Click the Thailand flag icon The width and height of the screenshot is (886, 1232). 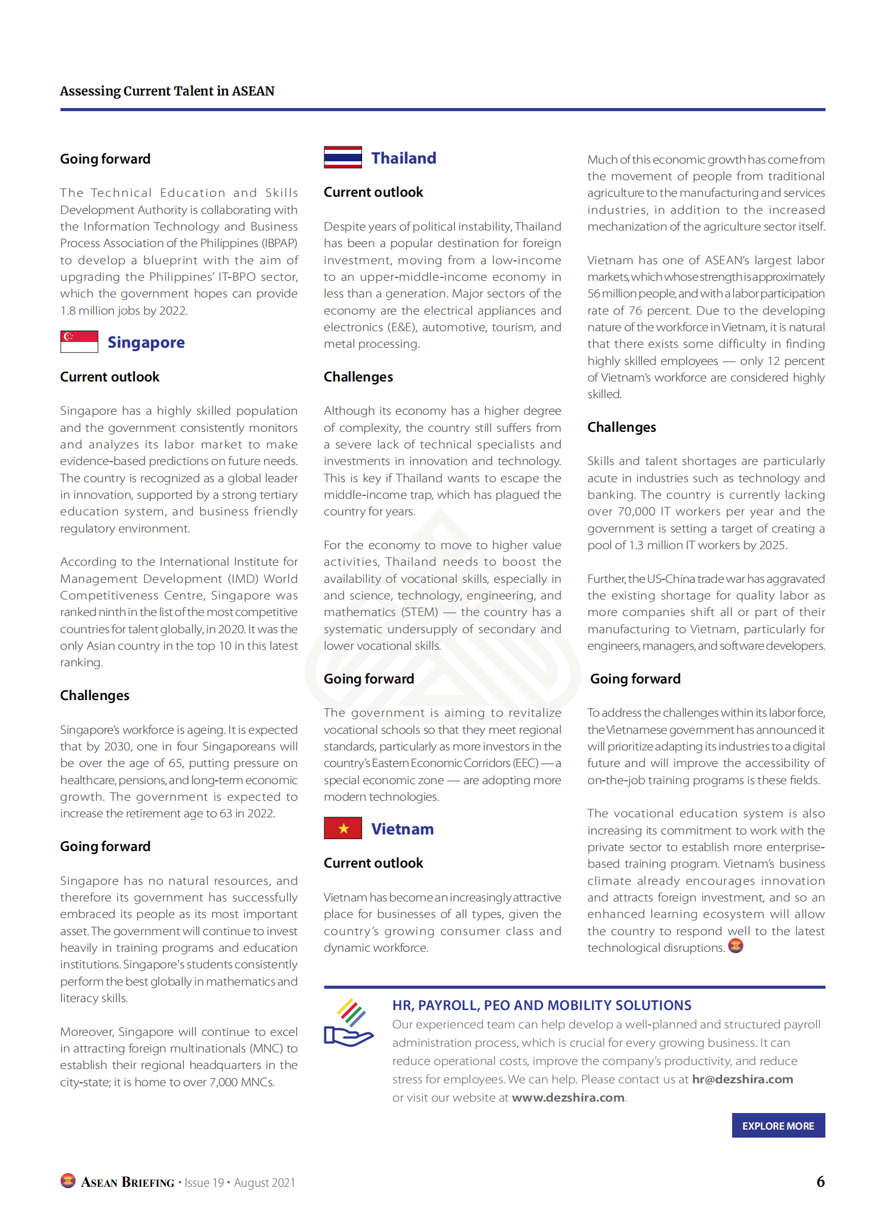(343, 157)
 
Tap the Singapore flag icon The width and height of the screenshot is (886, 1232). (79, 341)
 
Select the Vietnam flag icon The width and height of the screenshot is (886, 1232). (343, 828)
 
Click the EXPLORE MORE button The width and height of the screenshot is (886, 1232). (778, 1126)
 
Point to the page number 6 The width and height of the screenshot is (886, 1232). (820, 1182)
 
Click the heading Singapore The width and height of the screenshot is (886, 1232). (146, 343)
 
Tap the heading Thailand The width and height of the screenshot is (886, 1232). (403, 158)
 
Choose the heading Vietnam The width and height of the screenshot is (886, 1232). (402, 829)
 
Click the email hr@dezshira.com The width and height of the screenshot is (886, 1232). (742, 1079)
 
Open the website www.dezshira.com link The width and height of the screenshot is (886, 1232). (567, 1098)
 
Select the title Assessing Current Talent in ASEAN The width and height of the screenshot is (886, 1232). (167, 91)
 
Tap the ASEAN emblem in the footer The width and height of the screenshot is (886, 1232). (68, 1181)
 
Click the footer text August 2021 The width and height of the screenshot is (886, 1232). (264, 1183)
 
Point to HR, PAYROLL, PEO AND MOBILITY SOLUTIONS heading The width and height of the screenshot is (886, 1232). (541, 1006)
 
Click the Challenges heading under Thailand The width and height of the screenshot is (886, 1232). (358, 377)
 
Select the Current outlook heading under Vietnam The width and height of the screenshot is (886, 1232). (373, 863)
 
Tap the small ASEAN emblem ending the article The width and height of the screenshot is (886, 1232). (736, 946)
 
